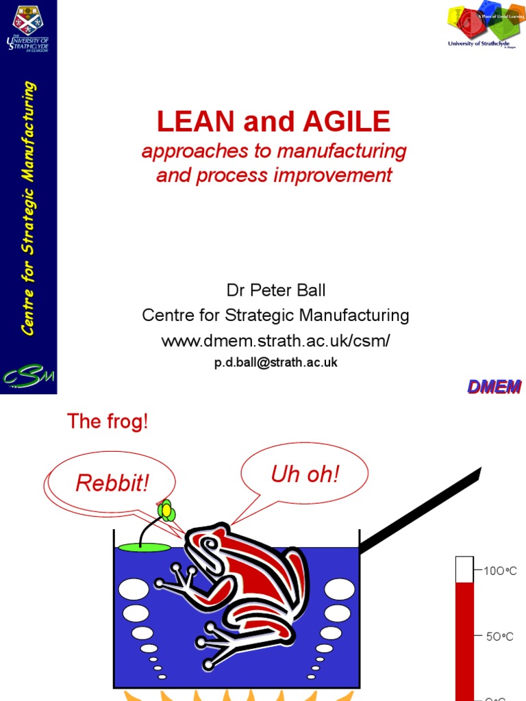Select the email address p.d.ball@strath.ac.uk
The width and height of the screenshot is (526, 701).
(x=275, y=363)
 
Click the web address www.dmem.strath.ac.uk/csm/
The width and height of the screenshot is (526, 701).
(x=275, y=340)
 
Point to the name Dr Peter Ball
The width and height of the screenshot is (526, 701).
(x=276, y=290)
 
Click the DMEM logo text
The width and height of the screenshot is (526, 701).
(x=494, y=387)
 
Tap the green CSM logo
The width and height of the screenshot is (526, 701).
(x=28, y=377)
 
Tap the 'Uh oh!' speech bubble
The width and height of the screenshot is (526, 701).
(x=305, y=474)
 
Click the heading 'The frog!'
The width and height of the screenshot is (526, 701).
(x=107, y=422)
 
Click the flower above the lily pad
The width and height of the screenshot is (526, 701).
(x=166, y=509)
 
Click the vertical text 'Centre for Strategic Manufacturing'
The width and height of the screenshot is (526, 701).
(x=28, y=209)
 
